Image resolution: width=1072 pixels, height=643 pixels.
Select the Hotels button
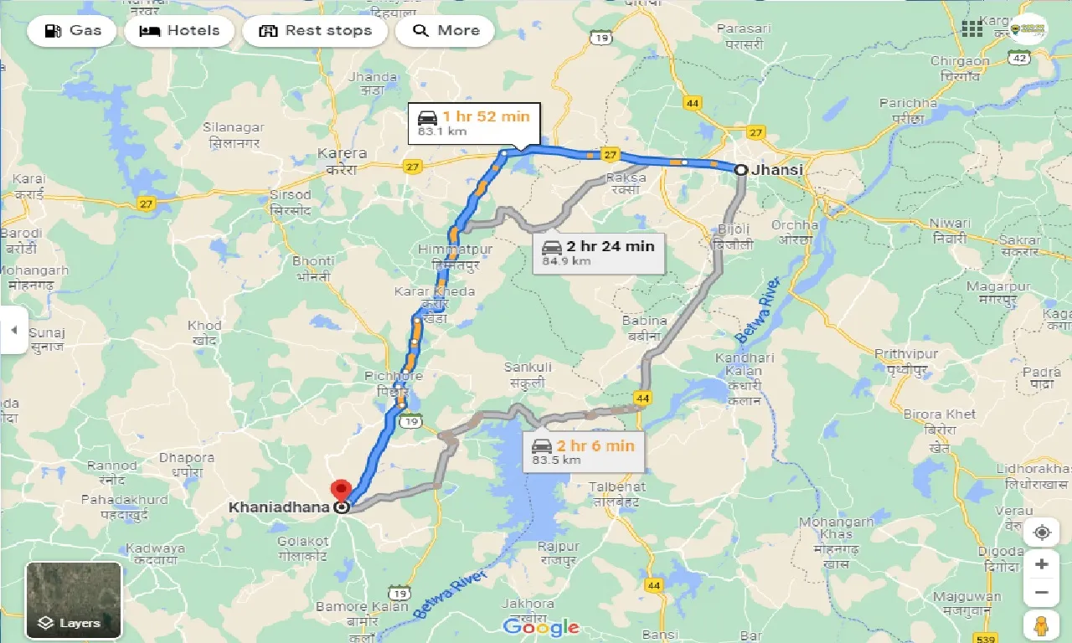179,31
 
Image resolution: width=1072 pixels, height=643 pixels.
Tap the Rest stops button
315,31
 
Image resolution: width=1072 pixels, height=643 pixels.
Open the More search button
446,31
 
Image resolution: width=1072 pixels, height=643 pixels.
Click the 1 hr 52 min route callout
474,123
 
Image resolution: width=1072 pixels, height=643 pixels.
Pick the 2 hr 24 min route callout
599,252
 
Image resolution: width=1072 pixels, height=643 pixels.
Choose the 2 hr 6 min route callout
585,452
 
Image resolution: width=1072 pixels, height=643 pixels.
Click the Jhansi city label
777,170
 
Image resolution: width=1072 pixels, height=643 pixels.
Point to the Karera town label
342,154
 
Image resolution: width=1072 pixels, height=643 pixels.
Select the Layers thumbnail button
74,599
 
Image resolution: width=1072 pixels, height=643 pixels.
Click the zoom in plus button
1041,564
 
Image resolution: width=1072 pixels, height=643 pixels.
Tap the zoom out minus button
1041,593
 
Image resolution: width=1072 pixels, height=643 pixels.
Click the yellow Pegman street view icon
1041,625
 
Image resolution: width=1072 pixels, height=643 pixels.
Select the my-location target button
1041,532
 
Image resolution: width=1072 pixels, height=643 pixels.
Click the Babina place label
644,321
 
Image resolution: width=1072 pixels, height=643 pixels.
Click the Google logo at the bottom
541,626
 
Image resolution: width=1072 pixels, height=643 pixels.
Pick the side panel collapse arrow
13,330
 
